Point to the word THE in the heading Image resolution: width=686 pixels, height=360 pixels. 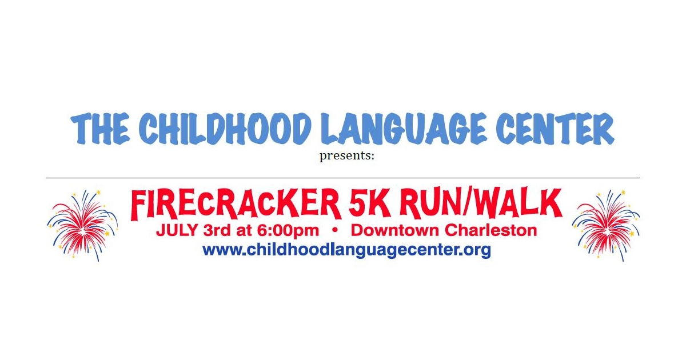tap(101, 129)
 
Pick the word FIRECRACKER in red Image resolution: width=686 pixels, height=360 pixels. tap(236, 204)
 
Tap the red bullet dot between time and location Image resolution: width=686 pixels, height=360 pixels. tap(334, 231)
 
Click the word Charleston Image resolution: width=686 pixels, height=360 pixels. tap(491, 231)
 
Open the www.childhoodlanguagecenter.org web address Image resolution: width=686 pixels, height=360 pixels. tap(346, 250)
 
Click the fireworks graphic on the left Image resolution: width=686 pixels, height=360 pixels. tap(82, 225)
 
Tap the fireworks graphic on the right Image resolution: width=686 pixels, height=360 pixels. tap(606, 225)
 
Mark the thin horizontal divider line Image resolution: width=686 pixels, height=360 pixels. tap(343, 178)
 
